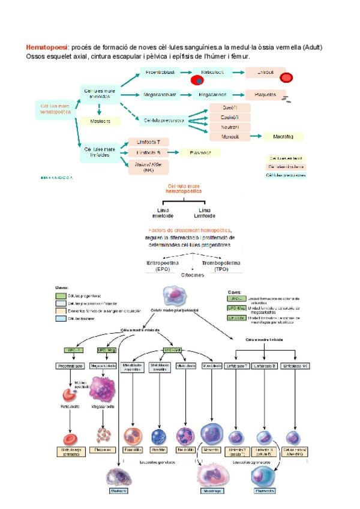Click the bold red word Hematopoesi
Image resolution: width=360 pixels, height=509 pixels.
point(47,47)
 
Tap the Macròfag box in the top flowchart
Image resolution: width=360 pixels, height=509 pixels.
point(283,136)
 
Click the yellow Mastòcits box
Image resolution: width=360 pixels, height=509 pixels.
point(100,121)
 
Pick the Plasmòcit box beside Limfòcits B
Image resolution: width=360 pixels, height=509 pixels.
point(200,153)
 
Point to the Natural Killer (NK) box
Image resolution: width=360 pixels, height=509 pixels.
point(148,167)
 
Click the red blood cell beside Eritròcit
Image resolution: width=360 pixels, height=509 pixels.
point(287,77)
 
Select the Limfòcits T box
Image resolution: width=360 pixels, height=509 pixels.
point(148,142)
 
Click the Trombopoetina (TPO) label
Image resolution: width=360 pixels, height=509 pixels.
point(220,265)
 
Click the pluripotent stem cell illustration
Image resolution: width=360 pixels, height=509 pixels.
point(175,297)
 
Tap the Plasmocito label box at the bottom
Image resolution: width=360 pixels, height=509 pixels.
point(265,490)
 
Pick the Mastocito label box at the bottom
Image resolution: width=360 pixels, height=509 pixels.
point(118,490)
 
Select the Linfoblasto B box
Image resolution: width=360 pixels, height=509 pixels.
point(265,366)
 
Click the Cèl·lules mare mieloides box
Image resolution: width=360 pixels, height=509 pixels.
point(100,94)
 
